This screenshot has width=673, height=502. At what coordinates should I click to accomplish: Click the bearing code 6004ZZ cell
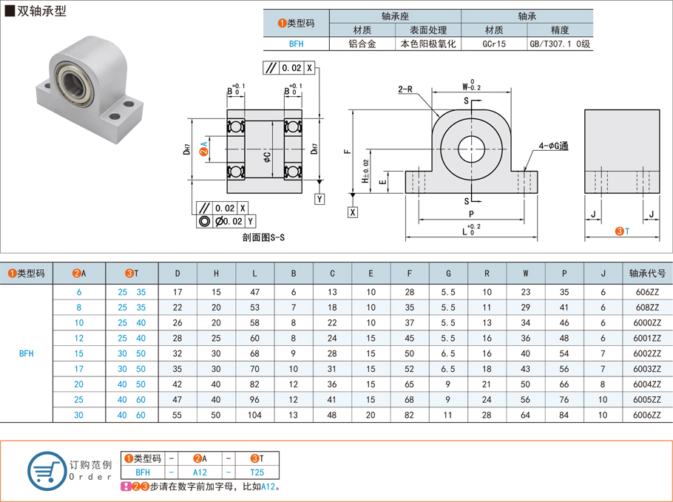pos(647,384)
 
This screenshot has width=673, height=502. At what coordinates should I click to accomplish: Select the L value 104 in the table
pos(254,415)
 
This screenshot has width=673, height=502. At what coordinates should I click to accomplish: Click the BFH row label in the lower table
pos(26,353)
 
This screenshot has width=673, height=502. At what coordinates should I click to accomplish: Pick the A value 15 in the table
pos(79,353)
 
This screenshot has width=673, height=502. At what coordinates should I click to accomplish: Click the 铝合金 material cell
pos(362,44)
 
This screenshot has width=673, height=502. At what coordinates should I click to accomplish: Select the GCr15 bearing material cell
pos(494,44)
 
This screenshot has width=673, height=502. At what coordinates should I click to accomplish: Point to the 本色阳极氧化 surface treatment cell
pos(428,44)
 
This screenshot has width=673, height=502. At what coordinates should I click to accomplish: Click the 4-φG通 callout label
pos(553,146)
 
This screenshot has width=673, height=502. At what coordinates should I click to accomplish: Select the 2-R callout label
pos(405,89)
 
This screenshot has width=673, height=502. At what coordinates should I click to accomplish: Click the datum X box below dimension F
pos(353,213)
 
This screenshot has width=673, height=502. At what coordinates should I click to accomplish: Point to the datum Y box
pos(319,200)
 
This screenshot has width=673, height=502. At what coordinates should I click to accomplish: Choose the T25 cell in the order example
pos(257,472)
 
